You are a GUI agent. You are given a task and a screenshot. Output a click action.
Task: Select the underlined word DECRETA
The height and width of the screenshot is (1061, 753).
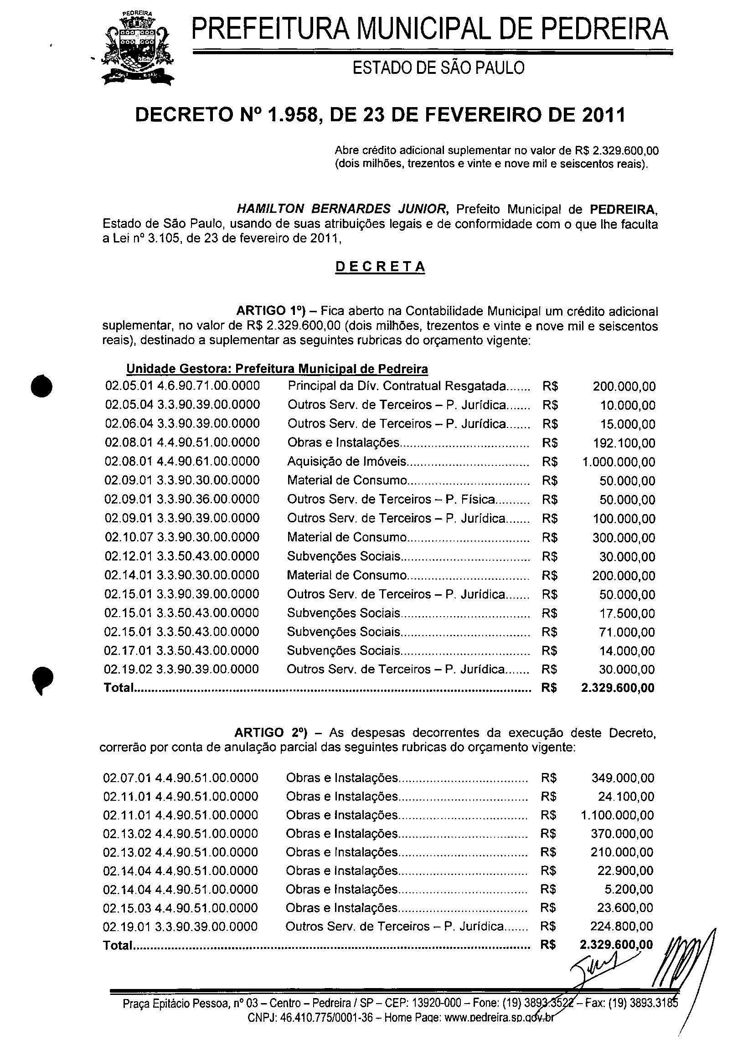click(380, 267)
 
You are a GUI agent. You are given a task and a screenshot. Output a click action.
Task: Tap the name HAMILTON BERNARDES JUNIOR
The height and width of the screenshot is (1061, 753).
click(342, 210)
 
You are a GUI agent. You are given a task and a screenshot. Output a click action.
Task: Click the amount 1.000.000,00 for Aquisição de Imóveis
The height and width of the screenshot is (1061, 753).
click(619, 462)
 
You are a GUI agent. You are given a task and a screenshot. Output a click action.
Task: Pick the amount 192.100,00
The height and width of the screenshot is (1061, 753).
click(624, 443)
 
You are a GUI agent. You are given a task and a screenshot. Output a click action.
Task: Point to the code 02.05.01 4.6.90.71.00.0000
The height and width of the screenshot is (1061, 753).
click(182, 386)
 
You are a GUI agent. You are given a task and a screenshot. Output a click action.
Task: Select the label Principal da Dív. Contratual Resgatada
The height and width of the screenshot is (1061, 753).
click(397, 386)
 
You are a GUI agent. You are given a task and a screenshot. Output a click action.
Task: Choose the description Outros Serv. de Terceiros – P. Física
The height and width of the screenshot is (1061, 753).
click(391, 500)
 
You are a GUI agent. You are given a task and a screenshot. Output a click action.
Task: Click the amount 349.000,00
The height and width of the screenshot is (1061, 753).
click(623, 778)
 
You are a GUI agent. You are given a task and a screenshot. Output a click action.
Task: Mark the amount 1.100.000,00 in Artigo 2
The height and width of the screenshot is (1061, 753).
click(617, 815)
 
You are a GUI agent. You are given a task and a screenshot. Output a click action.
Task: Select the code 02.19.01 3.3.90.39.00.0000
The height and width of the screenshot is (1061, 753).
click(181, 927)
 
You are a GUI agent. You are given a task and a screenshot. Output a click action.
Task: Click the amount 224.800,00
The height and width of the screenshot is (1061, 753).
click(622, 927)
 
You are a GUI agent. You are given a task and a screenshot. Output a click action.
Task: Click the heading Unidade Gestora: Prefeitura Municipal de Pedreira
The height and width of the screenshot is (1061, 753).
click(277, 369)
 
